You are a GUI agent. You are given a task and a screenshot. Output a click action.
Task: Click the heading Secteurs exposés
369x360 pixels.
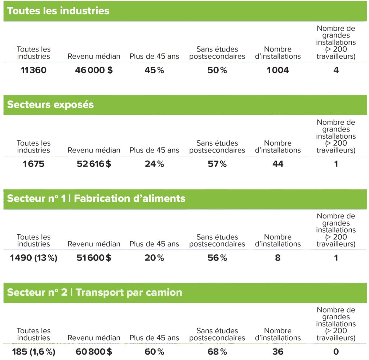(x=50, y=105)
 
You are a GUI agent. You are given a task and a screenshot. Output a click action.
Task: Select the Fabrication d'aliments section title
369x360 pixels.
(x=96, y=198)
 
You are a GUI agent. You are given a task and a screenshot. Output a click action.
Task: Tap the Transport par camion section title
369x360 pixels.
(x=95, y=293)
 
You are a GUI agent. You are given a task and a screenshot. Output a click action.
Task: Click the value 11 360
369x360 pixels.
(x=34, y=70)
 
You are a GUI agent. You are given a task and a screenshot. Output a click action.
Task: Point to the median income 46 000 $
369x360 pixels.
(x=94, y=70)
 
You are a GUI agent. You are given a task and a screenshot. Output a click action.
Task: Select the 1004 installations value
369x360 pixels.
(x=278, y=70)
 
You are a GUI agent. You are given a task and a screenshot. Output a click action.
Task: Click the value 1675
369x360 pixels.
(x=34, y=164)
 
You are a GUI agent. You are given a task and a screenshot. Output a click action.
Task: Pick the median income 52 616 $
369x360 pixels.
(x=94, y=164)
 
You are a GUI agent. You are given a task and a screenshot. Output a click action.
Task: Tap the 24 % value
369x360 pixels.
(x=154, y=164)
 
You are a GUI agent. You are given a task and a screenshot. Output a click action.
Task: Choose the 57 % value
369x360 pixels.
(x=217, y=164)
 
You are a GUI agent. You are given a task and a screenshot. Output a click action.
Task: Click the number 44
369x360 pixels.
(x=278, y=164)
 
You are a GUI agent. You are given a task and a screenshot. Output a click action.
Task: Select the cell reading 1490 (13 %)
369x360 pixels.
(x=34, y=258)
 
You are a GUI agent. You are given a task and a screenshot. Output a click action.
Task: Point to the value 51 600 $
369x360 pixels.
(x=94, y=258)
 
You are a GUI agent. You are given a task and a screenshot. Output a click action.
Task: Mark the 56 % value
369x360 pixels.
(x=217, y=258)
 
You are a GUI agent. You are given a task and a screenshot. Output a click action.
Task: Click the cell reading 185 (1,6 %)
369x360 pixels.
(x=34, y=352)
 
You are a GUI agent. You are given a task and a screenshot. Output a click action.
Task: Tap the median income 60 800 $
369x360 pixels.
(x=94, y=351)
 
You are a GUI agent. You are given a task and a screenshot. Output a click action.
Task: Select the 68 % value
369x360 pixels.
(x=217, y=351)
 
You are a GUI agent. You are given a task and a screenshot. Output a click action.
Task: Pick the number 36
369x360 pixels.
(x=278, y=351)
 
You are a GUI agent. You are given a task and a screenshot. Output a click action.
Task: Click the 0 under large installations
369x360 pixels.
(x=336, y=351)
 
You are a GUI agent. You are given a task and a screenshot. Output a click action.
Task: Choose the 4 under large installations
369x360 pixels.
(x=336, y=70)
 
